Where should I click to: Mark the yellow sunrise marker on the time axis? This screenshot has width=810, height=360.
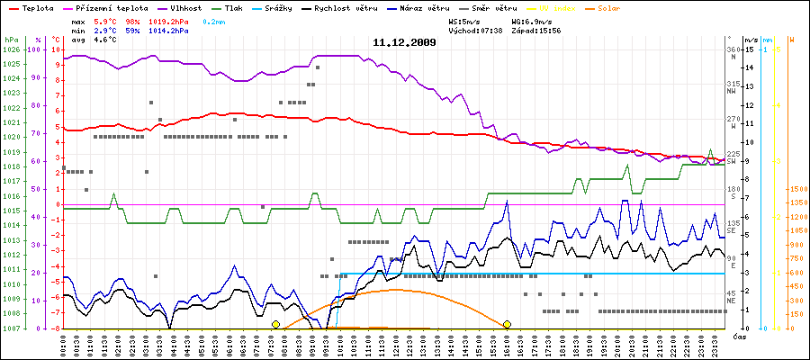275,324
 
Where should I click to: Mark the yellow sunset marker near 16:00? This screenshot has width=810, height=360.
508,324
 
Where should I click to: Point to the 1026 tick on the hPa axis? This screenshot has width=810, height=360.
11,49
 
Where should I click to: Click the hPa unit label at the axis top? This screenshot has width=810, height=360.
11,40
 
